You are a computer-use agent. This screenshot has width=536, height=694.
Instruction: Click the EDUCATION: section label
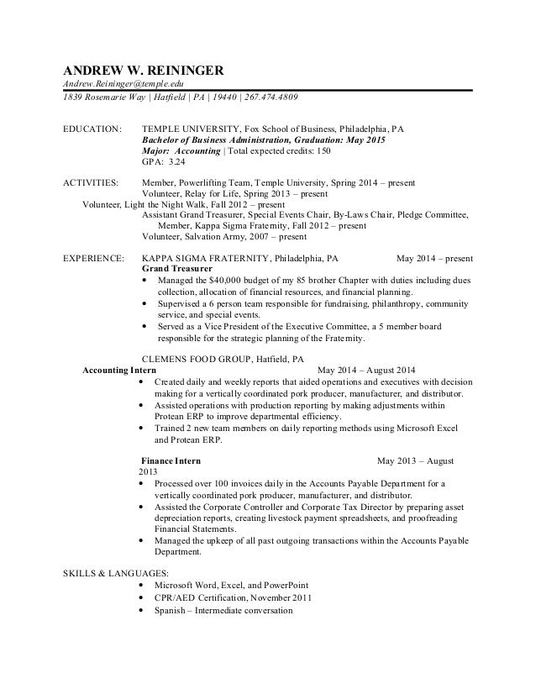tap(92, 131)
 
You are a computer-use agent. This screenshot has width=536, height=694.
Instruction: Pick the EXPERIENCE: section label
tap(94, 260)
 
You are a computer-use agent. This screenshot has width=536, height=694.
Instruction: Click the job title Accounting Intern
tap(118, 370)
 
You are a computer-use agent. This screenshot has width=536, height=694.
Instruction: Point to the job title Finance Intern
tap(171, 461)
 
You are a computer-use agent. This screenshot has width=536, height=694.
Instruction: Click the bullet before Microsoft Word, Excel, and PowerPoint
tap(148, 585)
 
